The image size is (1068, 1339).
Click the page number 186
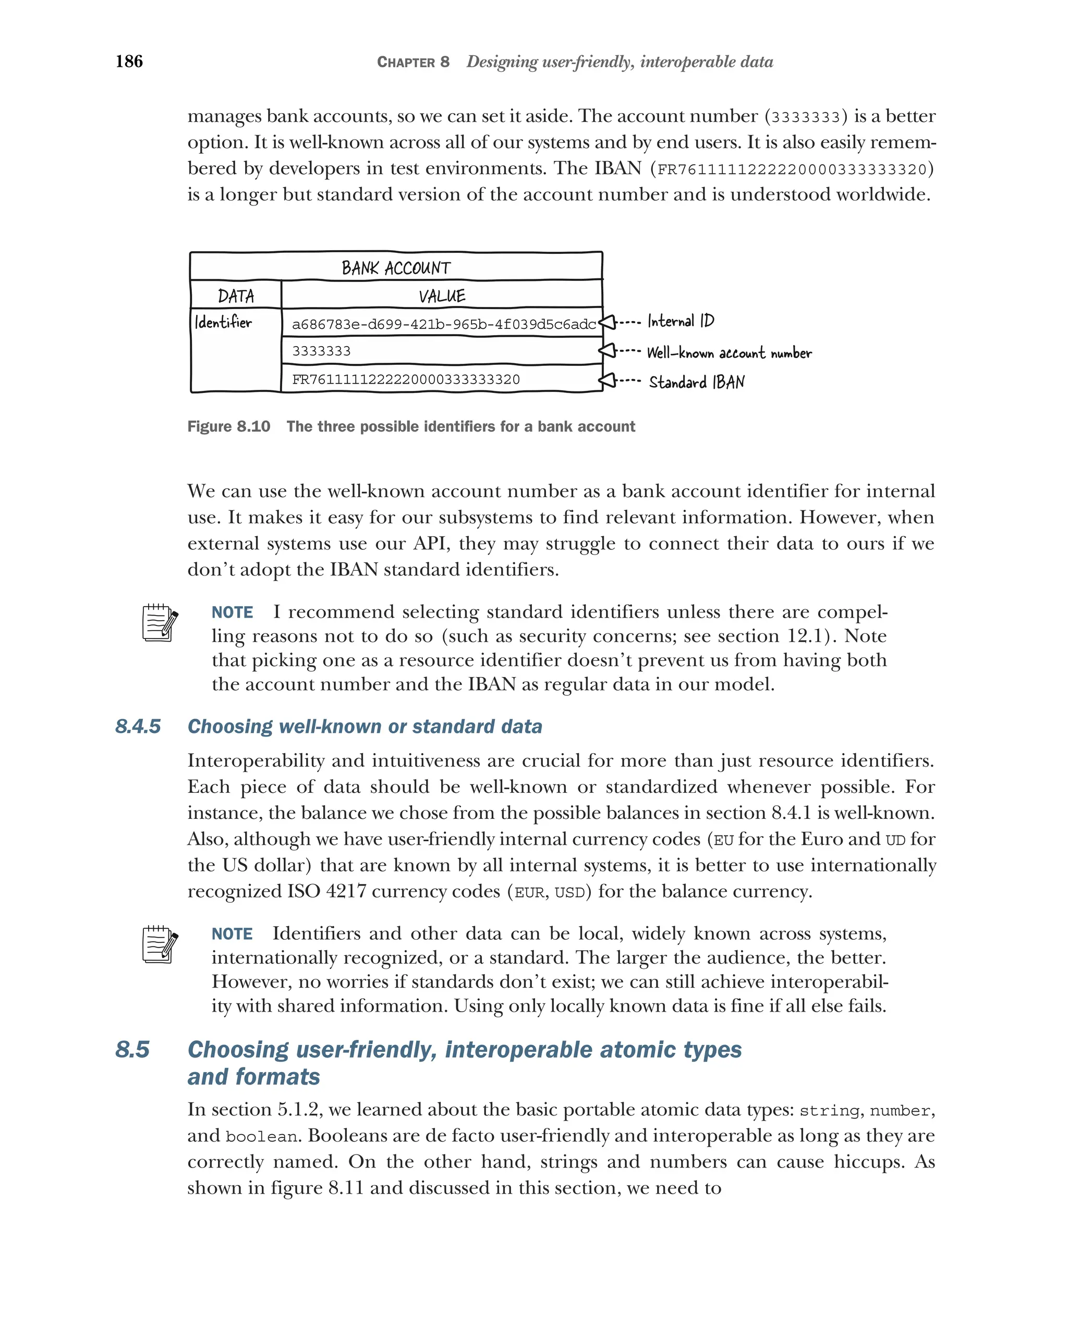click(x=129, y=62)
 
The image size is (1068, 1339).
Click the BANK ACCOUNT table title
click(x=396, y=268)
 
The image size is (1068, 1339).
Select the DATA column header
click(x=236, y=296)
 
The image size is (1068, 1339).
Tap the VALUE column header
click(x=442, y=296)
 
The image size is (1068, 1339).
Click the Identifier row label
click(x=224, y=322)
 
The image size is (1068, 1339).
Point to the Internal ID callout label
click(x=681, y=321)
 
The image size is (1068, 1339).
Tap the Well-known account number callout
click(x=729, y=353)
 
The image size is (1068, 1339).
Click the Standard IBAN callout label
click(x=697, y=382)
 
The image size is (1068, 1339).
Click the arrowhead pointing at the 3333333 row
click(x=607, y=351)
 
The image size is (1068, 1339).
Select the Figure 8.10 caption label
click(x=228, y=427)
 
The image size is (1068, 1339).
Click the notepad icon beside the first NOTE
click(x=160, y=623)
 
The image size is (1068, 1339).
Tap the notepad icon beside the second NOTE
click(x=160, y=944)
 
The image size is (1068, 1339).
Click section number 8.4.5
click(x=138, y=727)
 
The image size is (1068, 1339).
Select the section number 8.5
click(x=132, y=1050)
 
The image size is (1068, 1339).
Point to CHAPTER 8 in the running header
click(x=413, y=62)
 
